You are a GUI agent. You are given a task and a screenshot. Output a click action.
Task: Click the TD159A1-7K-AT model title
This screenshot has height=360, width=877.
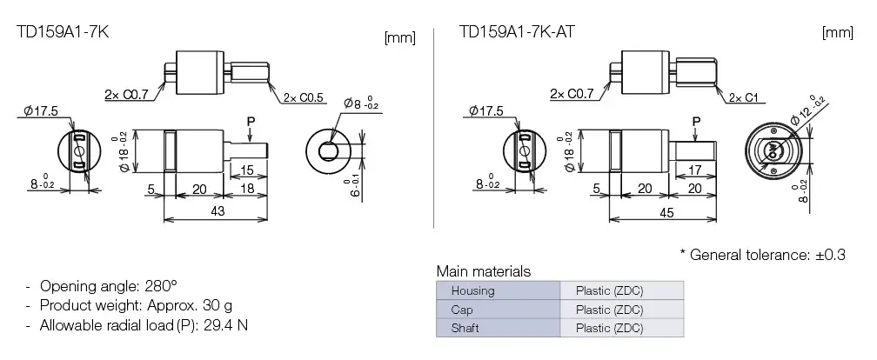point(516,32)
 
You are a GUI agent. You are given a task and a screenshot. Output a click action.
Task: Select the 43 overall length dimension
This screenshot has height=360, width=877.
point(218,211)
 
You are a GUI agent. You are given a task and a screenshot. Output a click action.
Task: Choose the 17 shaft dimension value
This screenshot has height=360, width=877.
point(693,170)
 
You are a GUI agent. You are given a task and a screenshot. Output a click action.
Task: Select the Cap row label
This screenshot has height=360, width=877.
point(462,310)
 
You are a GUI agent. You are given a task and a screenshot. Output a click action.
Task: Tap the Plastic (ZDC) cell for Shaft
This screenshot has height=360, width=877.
point(609,329)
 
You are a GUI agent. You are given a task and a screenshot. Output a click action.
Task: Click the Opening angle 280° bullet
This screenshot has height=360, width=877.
point(108,286)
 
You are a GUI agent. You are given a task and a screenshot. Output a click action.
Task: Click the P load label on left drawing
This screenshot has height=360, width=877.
point(251,120)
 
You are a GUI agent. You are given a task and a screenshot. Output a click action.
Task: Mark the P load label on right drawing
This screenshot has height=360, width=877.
point(696,120)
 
